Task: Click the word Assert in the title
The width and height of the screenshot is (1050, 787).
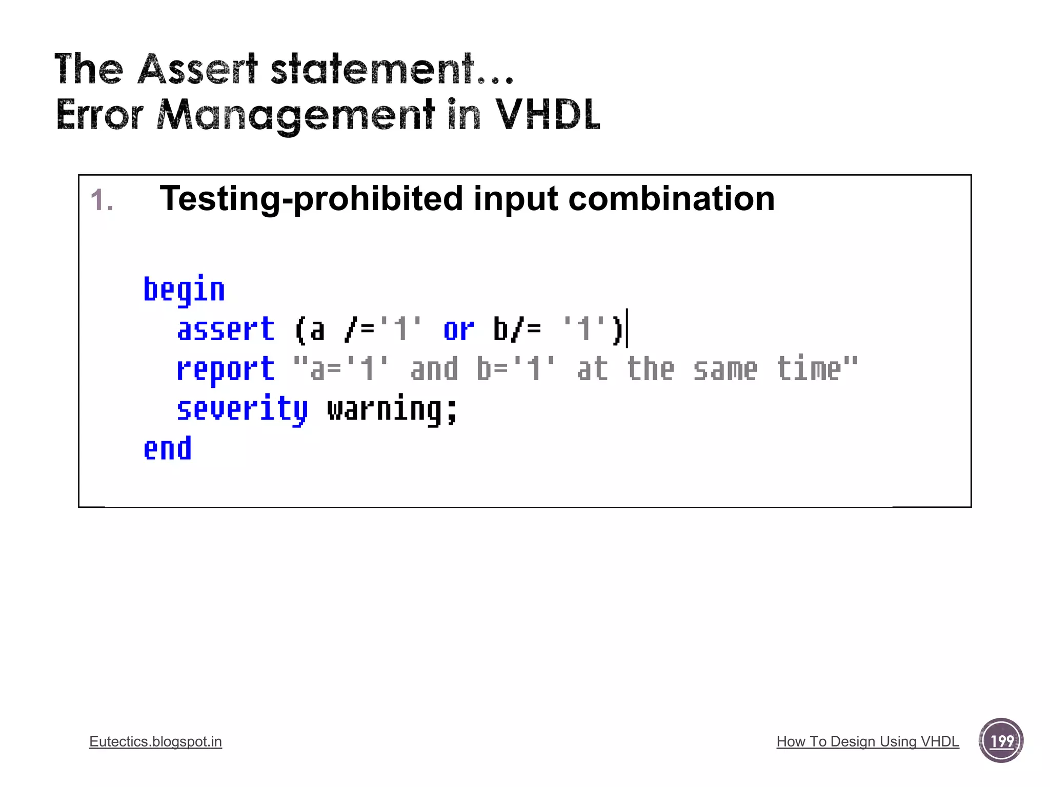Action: click(x=197, y=69)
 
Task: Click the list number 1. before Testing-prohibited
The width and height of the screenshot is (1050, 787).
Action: click(x=102, y=200)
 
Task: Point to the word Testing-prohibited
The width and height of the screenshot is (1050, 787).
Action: click(x=311, y=199)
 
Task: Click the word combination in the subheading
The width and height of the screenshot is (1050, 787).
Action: click(x=671, y=199)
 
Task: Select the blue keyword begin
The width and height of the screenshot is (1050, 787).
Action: click(x=184, y=290)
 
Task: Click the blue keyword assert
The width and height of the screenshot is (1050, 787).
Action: click(x=226, y=329)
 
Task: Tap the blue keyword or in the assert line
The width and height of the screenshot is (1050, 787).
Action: click(x=458, y=329)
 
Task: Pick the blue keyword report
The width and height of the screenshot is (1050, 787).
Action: click(x=226, y=369)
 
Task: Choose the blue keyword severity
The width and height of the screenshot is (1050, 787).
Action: click(x=242, y=409)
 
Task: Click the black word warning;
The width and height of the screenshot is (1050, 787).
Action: click(x=392, y=409)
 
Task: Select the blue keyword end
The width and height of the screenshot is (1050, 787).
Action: click(x=167, y=449)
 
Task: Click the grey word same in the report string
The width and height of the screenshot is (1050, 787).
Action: click(x=725, y=369)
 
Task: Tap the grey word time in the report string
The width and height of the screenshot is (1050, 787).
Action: click(x=809, y=369)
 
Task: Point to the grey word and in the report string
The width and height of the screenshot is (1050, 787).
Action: click(x=434, y=369)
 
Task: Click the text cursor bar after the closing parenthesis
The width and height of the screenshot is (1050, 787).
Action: click(x=627, y=328)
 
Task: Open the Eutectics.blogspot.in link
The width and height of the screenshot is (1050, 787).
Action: click(x=155, y=741)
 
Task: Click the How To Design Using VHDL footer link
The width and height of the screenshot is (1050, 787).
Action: click(x=867, y=741)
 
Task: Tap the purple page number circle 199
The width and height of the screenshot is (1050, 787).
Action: click(x=1001, y=740)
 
